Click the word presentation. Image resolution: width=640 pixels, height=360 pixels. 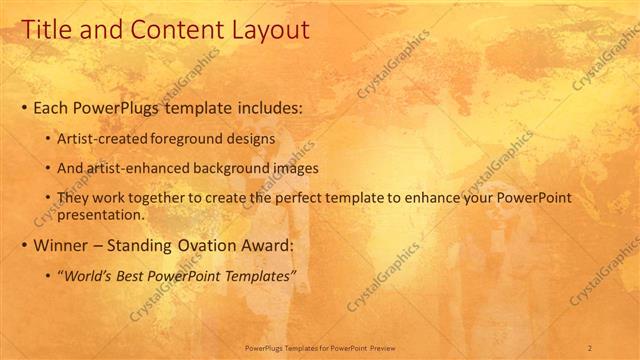click(x=102, y=213)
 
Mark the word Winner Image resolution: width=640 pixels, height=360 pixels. click(x=61, y=244)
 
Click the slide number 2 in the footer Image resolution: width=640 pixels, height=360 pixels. click(x=590, y=348)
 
